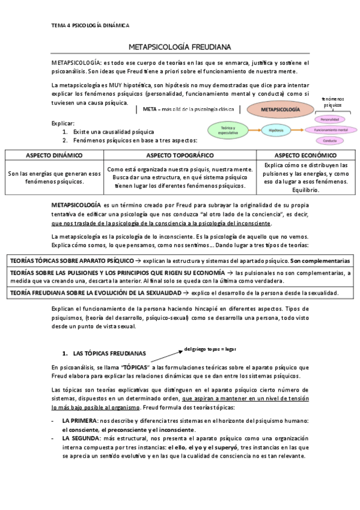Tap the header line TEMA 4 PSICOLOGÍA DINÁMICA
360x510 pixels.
90,25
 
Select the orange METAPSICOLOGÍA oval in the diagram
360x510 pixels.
281,111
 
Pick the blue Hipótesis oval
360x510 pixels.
276,129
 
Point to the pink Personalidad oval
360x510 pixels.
329,120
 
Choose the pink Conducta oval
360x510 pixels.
329,140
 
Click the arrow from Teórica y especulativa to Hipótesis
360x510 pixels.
253,129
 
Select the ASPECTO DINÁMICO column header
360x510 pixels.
54,155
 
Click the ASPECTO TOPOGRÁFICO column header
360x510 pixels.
180,155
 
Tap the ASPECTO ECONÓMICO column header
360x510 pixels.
306,155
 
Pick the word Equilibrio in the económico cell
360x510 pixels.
306,190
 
